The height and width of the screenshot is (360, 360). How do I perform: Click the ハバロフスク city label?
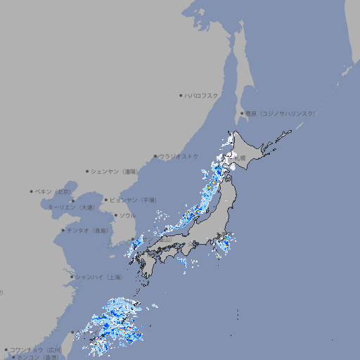(x=201, y=95)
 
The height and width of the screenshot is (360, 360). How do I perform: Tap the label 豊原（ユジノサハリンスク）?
(x=280, y=113)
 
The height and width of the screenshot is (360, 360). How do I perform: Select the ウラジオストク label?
(x=179, y=156)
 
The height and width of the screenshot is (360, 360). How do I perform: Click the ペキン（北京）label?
(x=53, y=191)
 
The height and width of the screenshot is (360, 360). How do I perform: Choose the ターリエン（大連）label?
(x=71, y=207)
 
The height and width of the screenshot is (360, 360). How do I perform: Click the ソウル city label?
(x=127, y=215)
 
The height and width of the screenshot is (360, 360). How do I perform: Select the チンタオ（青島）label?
(x=87, y=230)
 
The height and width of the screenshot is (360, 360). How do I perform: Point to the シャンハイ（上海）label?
(x=98, y=277)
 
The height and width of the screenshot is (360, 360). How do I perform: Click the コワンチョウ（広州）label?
(x=36, y=349)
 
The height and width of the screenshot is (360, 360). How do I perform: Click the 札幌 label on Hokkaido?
(x=240, y=158)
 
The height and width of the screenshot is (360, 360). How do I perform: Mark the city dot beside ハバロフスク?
(x=181, y=95)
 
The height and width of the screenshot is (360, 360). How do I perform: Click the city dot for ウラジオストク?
(x=155, y=156)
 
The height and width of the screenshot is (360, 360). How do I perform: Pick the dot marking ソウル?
(x=115, y=215)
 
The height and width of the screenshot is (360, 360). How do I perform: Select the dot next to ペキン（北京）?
(x=32, y=191)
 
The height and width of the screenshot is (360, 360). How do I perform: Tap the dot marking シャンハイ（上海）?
(x=72, y=277)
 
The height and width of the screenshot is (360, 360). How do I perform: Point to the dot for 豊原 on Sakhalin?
(x=242, y=113)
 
